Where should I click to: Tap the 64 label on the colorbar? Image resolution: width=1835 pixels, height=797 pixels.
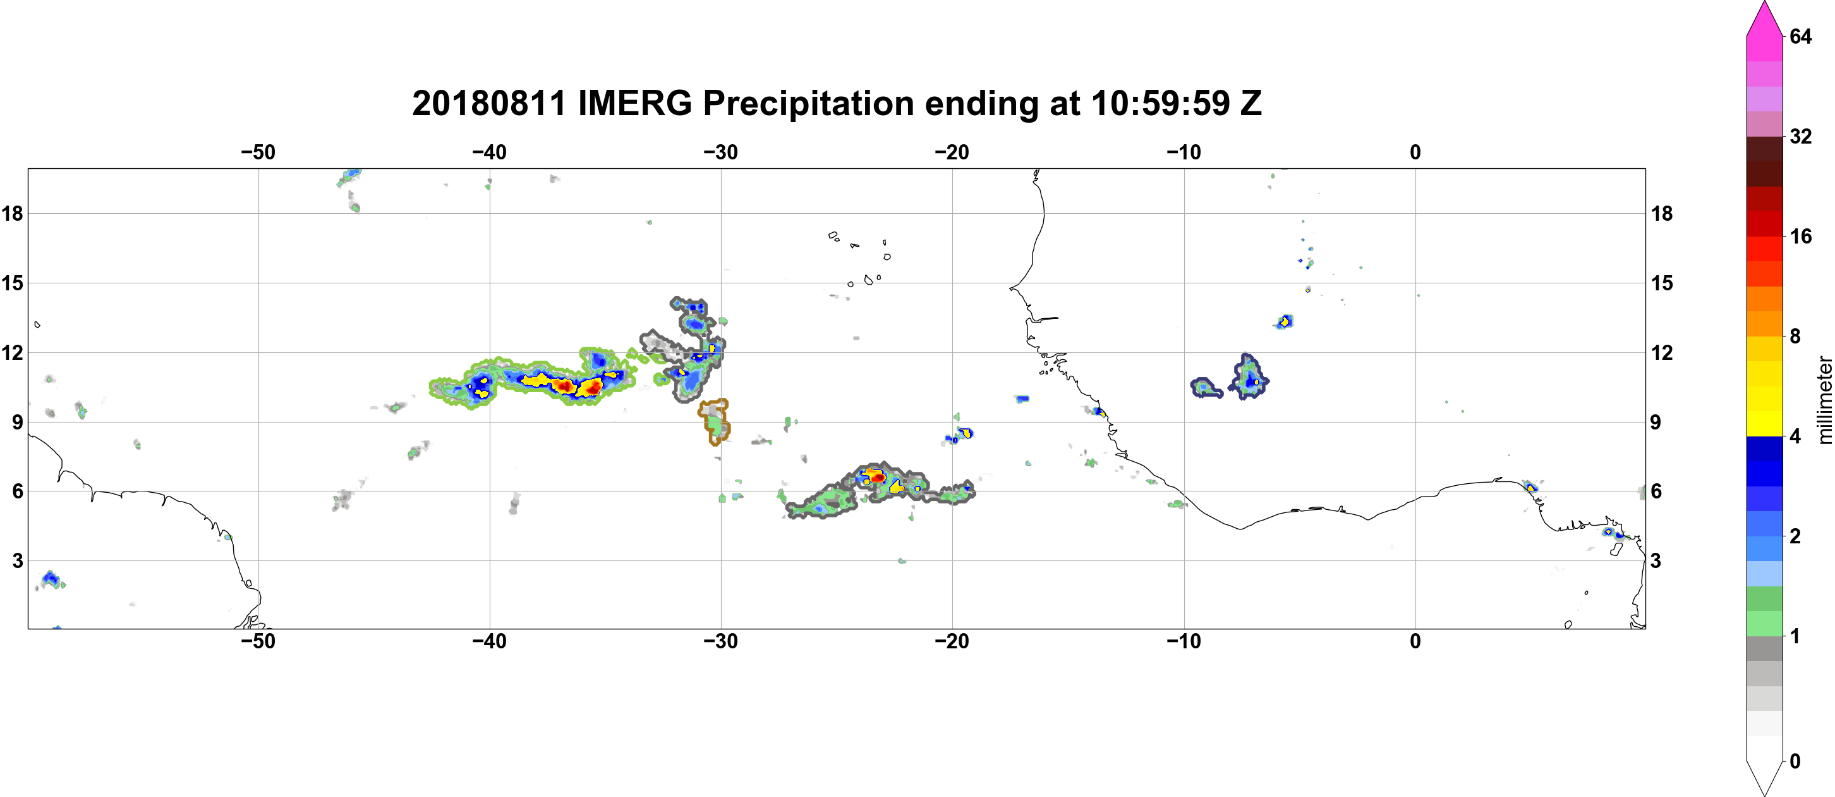pos(1801,36)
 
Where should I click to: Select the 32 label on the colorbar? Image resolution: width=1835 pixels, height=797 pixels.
pos(1801,136)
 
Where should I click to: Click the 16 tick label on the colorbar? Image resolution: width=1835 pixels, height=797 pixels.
pos(1801,236)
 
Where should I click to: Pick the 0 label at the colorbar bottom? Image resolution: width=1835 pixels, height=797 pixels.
pos(1795,762)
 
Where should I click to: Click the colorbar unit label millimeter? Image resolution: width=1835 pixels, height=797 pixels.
pos(1825,400)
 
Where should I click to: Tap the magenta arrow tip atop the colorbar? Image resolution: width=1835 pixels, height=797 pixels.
pos(1764,4)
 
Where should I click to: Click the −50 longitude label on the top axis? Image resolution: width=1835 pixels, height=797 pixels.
pos(258,152)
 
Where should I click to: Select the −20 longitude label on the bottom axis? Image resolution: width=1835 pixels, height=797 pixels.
pos(952,641)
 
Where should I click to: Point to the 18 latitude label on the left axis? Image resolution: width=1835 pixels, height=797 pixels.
pos(12,213)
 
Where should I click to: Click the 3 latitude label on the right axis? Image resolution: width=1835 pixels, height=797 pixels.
pos(1656,561)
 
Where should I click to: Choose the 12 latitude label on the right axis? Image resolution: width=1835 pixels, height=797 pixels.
pos(1662,352)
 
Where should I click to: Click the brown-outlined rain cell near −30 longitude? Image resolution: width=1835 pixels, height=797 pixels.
pos(715,421)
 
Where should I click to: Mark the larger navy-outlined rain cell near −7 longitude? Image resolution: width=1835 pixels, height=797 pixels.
pos(1249,376)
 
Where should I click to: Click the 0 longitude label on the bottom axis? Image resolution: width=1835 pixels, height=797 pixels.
pos(1415,641)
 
